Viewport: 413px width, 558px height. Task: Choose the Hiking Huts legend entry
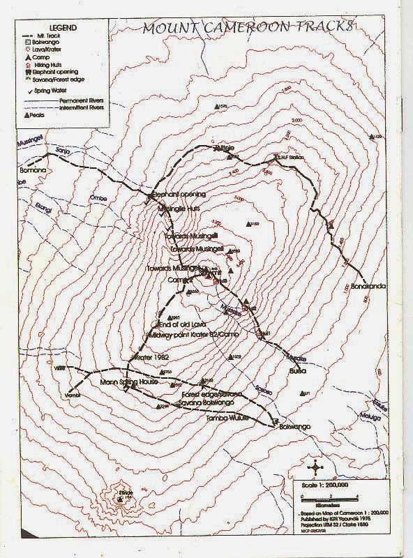[46, 64]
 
